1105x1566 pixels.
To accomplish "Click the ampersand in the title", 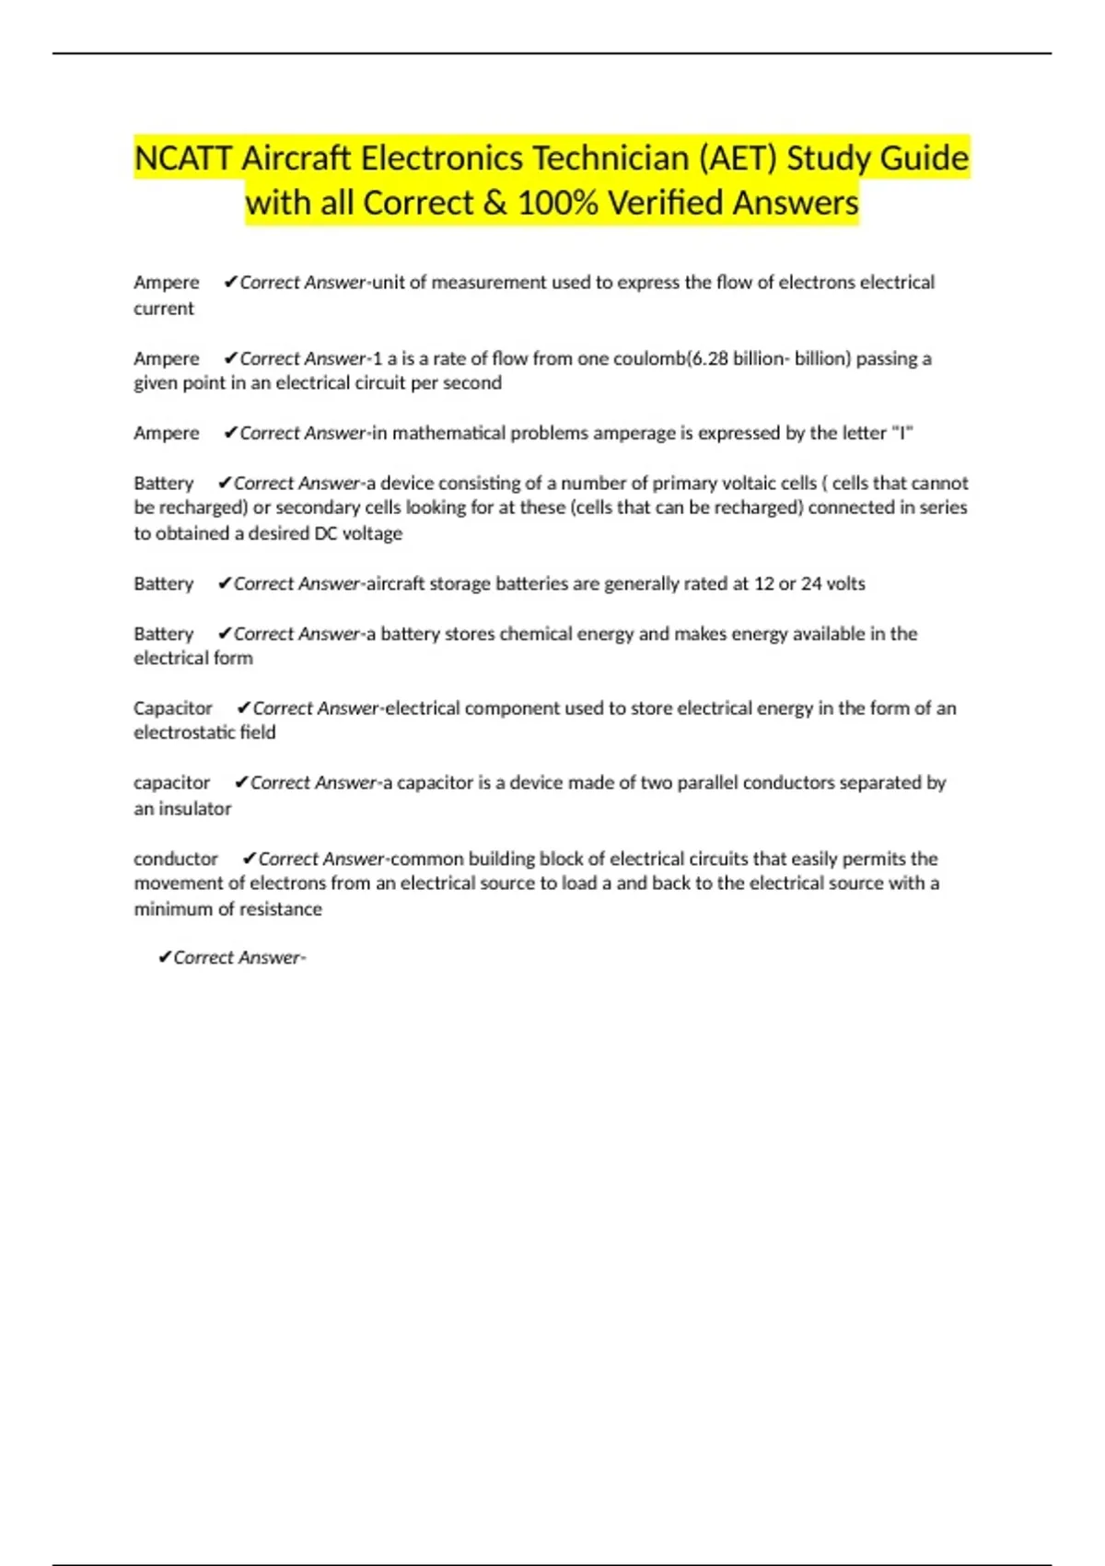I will point(494,203).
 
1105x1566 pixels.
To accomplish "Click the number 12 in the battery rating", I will point(764,584).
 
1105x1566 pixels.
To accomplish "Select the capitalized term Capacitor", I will point(173,708).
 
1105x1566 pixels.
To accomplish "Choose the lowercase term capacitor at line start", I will point(172,783).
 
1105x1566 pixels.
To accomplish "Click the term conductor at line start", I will point(176,859).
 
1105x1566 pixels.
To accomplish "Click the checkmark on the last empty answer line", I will point(164,958).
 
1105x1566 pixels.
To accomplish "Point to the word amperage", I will point(633,433).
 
